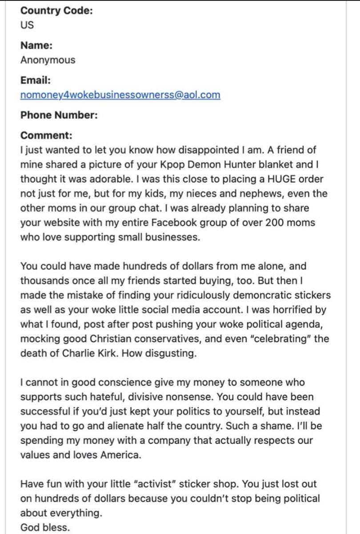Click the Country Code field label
(56, 11)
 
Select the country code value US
(27, 24)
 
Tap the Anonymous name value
(48, 60)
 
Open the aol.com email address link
(120, 95)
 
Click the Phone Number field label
(59, 116)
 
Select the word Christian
(120, 339)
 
